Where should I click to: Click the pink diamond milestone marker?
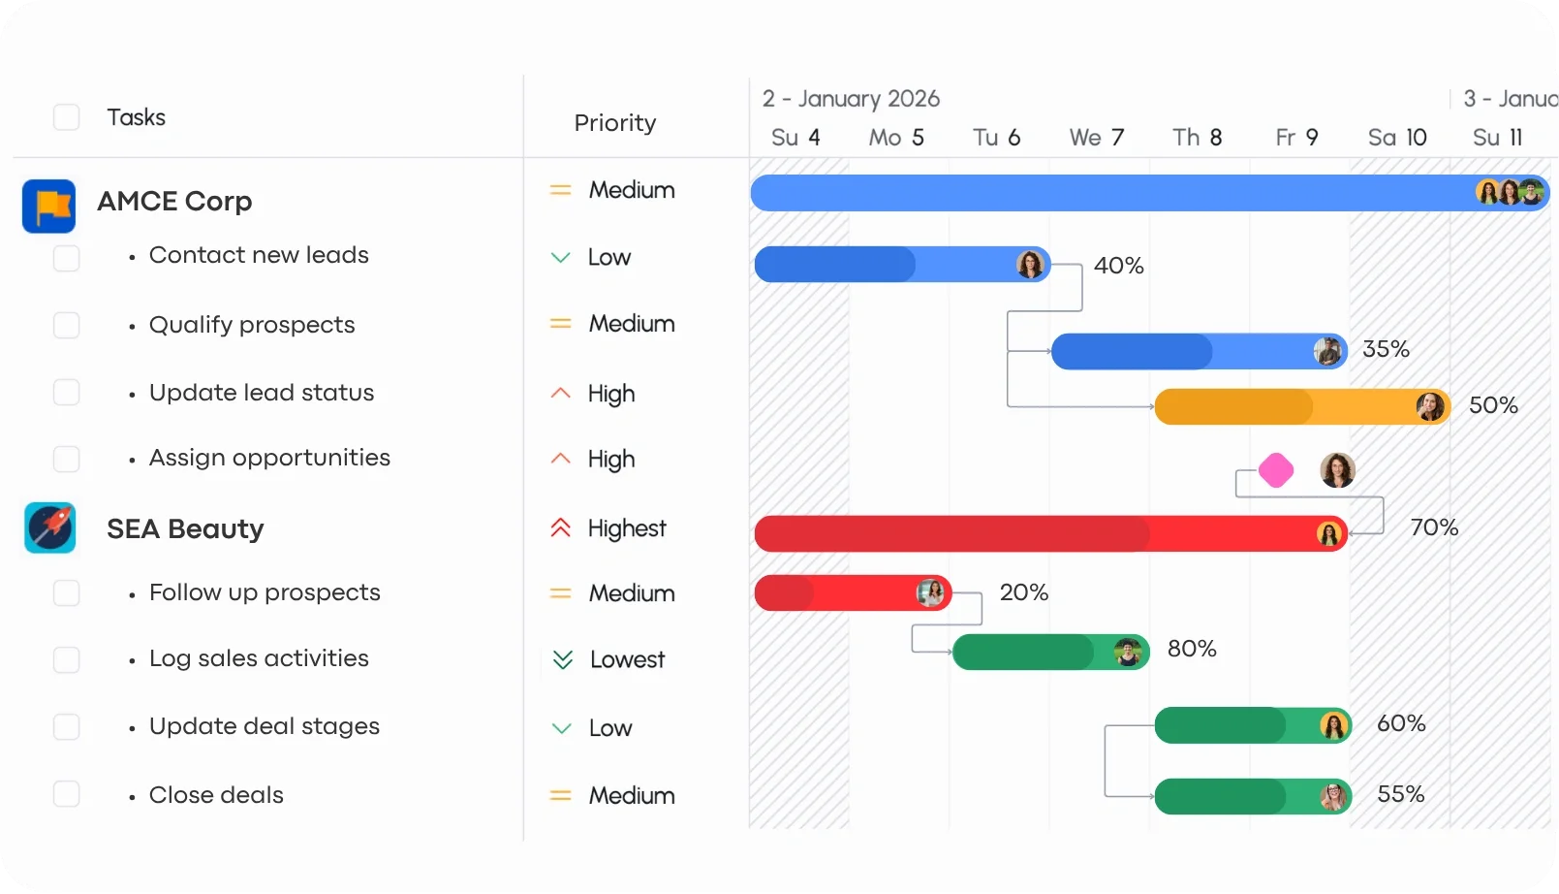(x=1276, y=470)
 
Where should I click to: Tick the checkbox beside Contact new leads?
(x=66, y=258)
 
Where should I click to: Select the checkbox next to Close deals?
(x=66, y=794)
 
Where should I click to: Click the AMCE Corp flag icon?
(x=48, y=207)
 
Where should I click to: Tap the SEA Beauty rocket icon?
(x=49, y=527)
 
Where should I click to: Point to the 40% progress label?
(x=1118, y=266)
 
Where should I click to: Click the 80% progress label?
(x=1192, y=649)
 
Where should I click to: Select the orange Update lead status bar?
(x=1302, y=406)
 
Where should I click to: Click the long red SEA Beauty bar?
(x=1051, y=534)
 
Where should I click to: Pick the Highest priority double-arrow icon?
(x=560, y=528)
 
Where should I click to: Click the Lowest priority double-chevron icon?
(x=562, y=659)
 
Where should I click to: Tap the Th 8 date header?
(x=1197, y=137)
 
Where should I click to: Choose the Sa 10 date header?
(x=1397, y=137)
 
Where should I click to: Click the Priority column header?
(x=615, y=122)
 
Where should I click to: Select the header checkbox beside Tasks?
(x=66, y=117)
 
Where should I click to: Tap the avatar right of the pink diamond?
(x=1337, y=470)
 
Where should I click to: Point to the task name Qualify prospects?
(x=252, y=325)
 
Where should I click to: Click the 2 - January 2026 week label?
(x=851, y=99)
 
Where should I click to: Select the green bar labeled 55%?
(x=1253, y=796)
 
